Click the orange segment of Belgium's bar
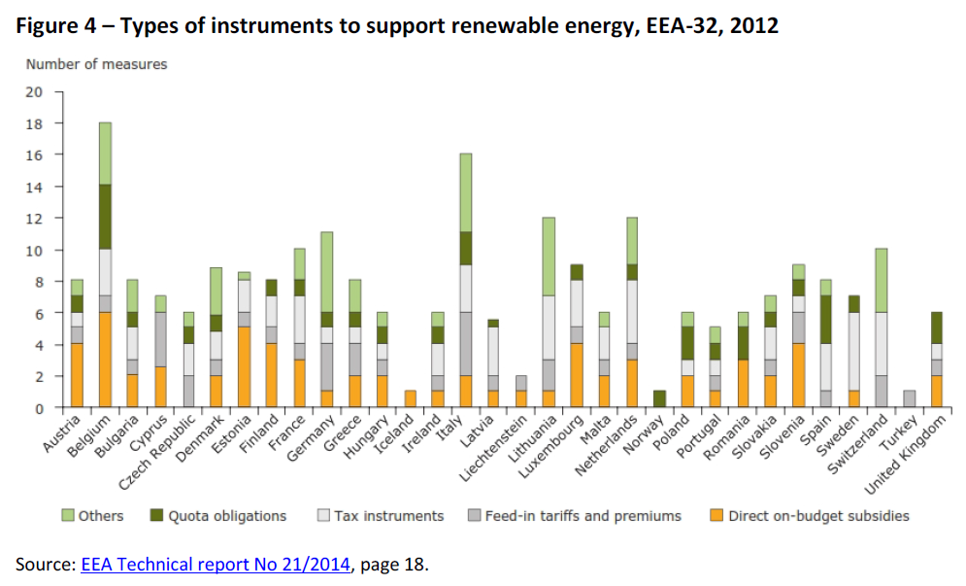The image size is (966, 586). (104, 360)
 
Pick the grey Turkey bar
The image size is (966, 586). (909, 398)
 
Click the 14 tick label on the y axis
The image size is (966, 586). (34, 187)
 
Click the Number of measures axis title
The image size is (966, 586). (96, 64)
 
